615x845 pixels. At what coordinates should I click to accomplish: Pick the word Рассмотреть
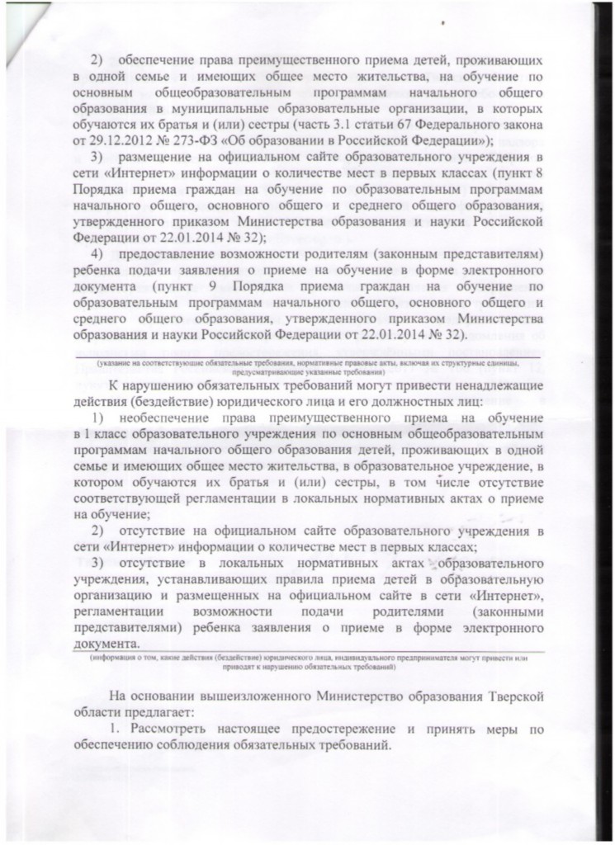173,728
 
